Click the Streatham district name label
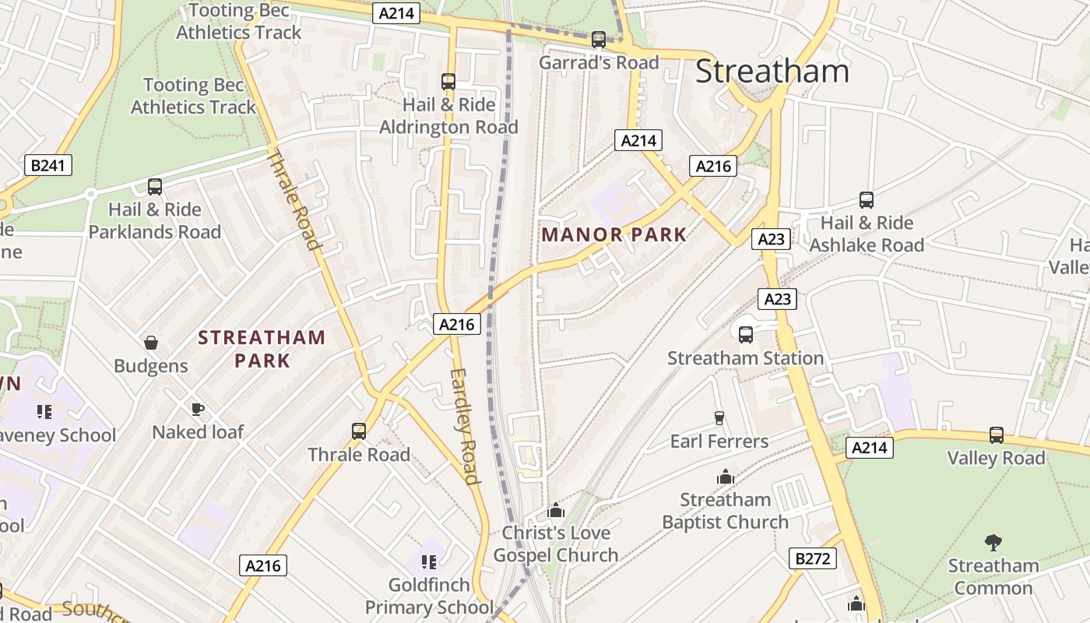772,71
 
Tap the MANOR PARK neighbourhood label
614,234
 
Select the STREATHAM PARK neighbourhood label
262,348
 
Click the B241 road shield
48,165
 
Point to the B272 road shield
813,558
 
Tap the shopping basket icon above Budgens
151,343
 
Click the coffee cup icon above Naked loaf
198,409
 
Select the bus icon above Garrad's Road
598,39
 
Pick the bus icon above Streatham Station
745,335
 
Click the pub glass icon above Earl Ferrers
719,418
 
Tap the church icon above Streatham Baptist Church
725,477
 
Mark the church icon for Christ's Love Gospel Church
555,510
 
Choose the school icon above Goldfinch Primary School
428,561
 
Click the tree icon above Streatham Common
993,542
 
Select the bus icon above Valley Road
996,435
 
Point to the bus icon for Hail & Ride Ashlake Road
866,200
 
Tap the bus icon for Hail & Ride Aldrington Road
448,81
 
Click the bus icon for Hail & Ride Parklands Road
154,187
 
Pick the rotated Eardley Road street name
464,426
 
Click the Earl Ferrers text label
719,442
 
